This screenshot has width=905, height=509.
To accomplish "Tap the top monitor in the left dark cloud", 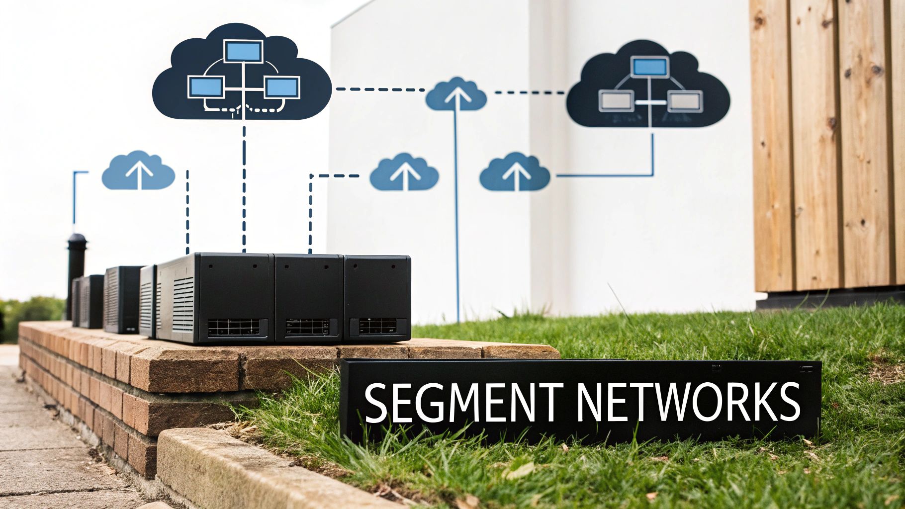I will [x=243, y=51].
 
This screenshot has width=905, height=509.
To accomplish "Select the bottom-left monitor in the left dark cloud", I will [x=205, y=87].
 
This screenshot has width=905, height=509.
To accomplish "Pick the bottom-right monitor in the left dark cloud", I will [x=281, y=87].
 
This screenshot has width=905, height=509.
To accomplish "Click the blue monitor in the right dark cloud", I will [x=650, y=67].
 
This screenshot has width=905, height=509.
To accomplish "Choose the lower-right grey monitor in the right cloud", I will [x=685, y=101].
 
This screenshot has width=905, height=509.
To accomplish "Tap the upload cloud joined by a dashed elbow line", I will [x=404, y=173].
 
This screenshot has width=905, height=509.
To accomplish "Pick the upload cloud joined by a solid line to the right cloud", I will [x=515, y=173].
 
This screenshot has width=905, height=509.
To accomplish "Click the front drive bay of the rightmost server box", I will [x=377, y=326].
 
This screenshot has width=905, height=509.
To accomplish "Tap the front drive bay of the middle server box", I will [x=307, y=327].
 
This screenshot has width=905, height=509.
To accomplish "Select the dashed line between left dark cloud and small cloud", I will [x=380, y=89].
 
